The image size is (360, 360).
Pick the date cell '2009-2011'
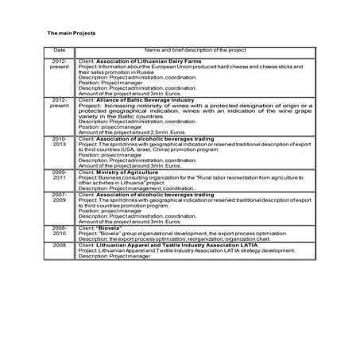pos(60,175)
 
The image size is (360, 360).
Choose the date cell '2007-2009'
pos(60,199)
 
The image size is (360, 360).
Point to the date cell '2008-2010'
pos(60,231)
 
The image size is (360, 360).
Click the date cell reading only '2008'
pos(60,246)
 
